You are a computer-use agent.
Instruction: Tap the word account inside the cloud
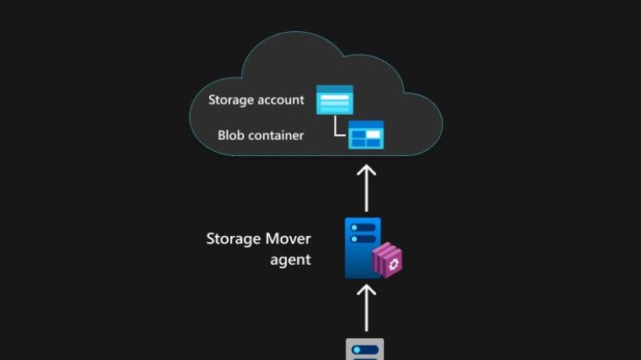click(281, 100)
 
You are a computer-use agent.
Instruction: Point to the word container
click(277, 135)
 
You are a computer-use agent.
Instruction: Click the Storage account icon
click(334, 99)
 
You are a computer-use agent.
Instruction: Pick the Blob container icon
click(366, 135)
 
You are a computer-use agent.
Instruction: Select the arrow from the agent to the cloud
click(367, 189)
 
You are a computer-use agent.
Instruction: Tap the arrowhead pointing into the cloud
click(367, 170)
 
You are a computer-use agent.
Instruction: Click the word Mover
click(288, 239)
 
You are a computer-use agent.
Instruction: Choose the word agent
click(290, 260)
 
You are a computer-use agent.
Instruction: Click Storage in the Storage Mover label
click(234, 239)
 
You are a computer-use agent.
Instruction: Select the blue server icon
click(362, 246)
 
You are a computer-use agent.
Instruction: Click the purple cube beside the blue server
click(390, 261)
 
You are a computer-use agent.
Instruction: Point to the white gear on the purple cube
click(392, 262)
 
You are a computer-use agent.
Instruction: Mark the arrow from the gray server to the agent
click(367, 308)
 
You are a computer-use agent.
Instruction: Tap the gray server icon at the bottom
click(365, 349)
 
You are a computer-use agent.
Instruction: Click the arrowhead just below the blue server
click(367, 290)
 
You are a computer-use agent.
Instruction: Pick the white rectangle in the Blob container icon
click(373, 132)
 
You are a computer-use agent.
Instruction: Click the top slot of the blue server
click(361, 228)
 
